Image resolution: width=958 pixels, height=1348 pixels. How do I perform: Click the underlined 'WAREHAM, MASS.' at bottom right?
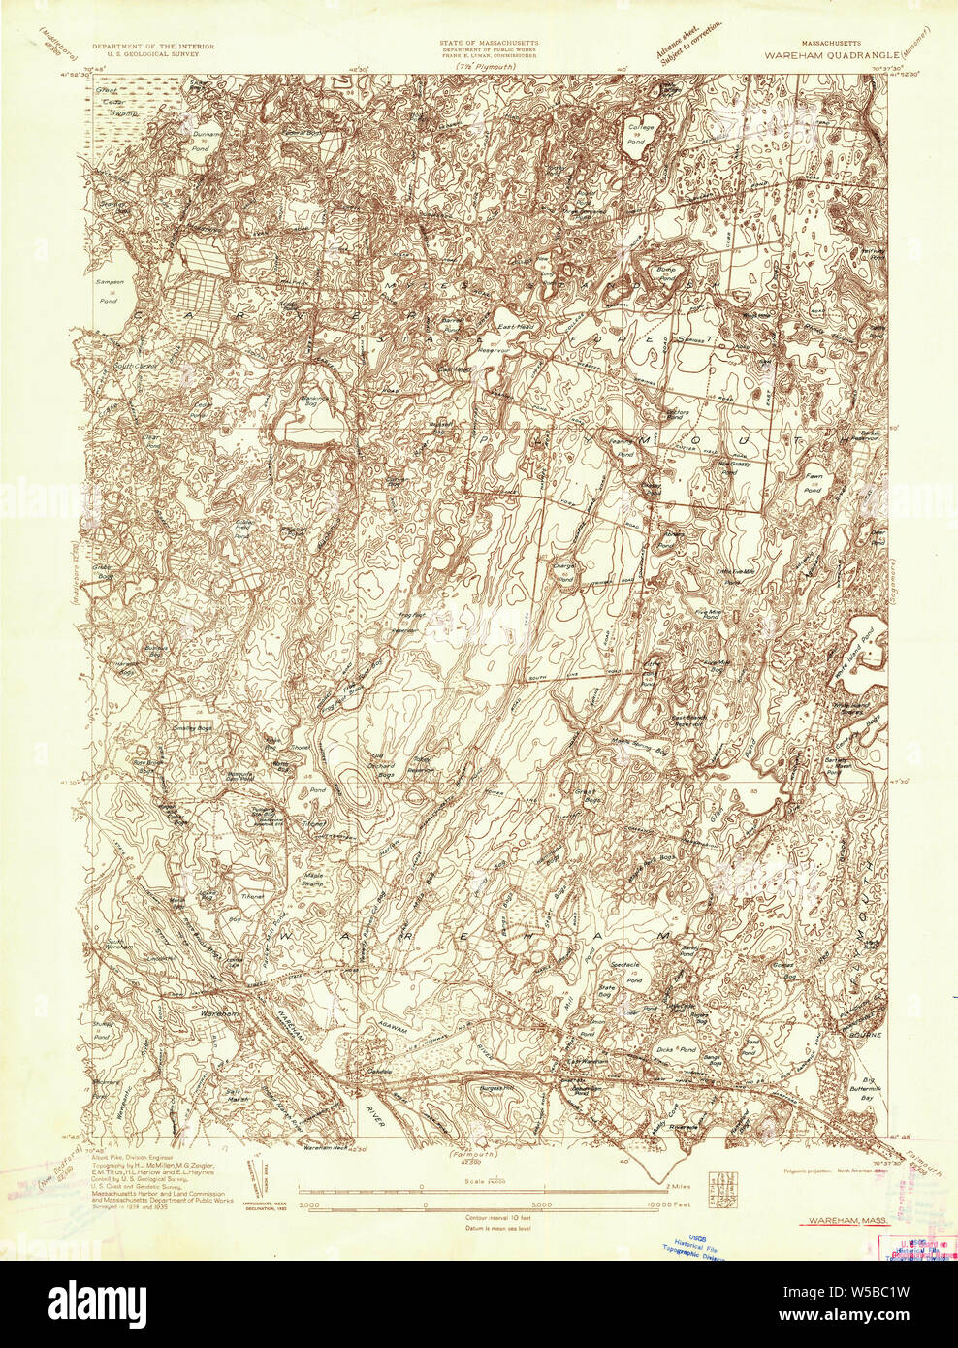(833, 1224)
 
